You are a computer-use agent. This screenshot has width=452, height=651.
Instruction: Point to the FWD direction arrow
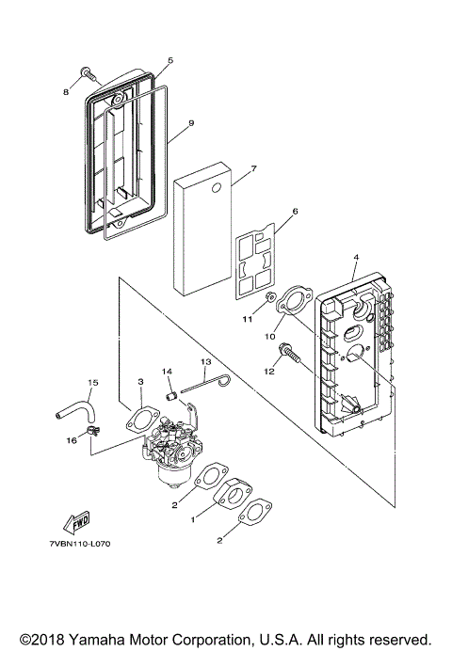click(74, 522)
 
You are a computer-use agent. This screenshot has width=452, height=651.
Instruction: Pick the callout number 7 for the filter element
click(227, 169)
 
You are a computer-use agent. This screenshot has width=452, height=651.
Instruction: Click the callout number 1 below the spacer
click(194, 518)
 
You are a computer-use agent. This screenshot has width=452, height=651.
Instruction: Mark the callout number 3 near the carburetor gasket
click(139, 381)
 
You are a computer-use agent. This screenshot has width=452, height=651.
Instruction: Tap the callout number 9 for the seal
click(190, 122)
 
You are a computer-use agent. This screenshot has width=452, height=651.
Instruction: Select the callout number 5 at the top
click(169, 61)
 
